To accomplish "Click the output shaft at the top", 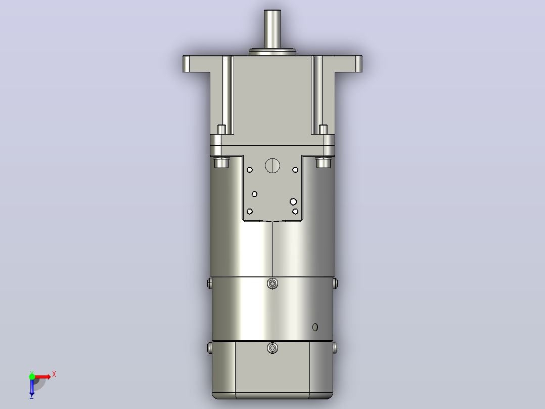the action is (272, 29).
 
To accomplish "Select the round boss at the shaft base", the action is (272, 52).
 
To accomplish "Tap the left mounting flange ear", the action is (196, 64).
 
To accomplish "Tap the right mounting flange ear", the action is (348, 64).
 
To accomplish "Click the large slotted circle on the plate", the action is (272, 166).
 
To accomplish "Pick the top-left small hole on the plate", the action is (250, 170).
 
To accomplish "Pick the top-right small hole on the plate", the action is (295, 170).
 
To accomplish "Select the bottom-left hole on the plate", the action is (250, 211).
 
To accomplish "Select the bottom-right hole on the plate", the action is (295, 211).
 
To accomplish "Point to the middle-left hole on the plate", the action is (254, 194).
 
